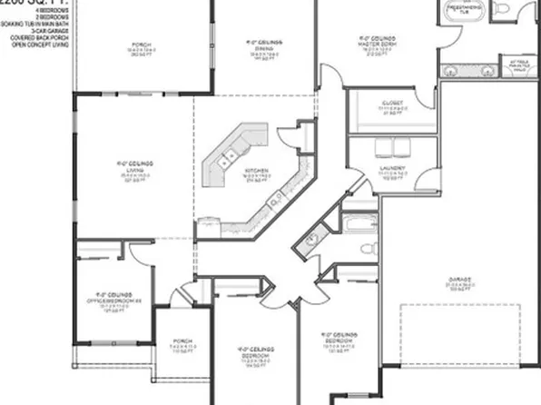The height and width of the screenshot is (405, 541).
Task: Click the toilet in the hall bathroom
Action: tap(367, 248)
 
